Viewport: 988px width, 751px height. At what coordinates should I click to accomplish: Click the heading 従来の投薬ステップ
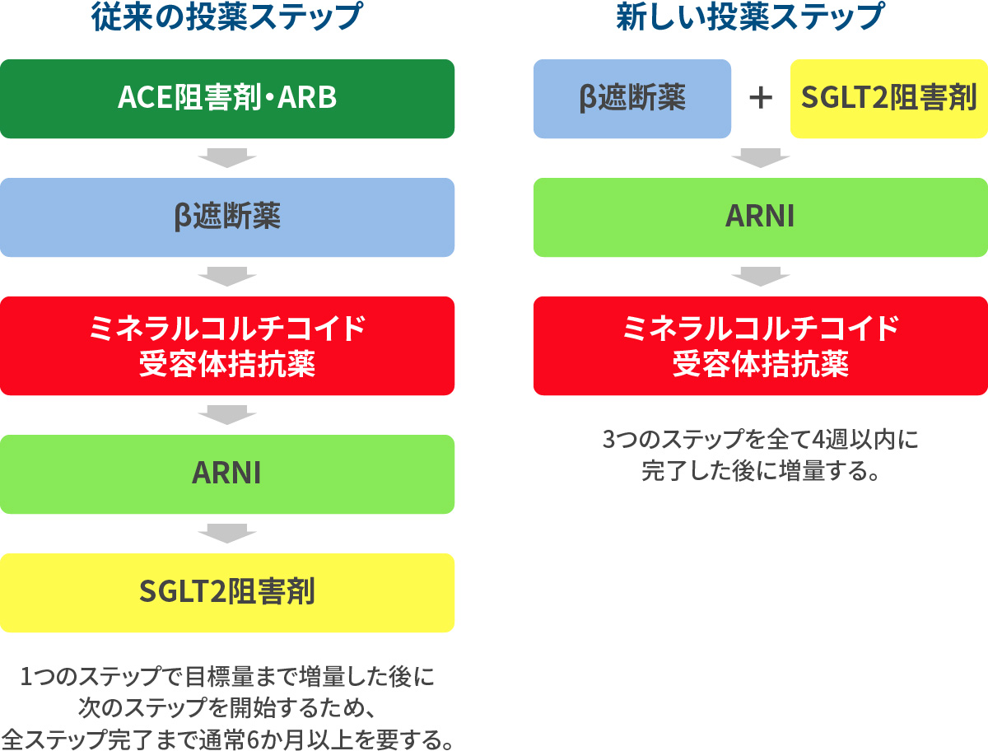click(227, 18)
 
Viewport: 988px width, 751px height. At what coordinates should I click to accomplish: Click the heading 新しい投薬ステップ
click(762, 18)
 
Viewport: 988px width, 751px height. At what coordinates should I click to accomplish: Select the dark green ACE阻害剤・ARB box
click(227, 99)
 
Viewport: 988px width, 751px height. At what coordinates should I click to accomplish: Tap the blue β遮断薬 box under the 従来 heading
click(227, 217)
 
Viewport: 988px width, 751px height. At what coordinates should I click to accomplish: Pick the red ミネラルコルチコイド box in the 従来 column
click(227, 346)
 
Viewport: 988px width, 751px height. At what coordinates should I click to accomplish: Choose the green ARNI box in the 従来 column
click(227, 474)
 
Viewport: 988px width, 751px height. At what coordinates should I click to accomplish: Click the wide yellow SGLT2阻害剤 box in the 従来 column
click(227, 593)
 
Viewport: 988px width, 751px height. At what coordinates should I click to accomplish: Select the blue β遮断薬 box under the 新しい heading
click(632, 99)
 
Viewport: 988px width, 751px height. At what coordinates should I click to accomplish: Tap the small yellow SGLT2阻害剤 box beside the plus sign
click(889, 99)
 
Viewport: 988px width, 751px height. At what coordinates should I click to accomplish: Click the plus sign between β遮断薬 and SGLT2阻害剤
click(762, 99)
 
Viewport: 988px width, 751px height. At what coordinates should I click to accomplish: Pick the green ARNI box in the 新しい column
click(762, 217)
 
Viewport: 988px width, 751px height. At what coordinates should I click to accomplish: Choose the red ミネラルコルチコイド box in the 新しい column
click(762, 346)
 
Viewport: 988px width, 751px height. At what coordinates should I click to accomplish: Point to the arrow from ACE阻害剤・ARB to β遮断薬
click(227, 158)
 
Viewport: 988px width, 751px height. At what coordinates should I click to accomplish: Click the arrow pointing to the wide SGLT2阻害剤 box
click(227, 534)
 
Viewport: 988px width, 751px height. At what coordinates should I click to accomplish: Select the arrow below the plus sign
click(762, 158)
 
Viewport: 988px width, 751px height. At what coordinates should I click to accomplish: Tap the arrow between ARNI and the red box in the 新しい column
click(762, 277)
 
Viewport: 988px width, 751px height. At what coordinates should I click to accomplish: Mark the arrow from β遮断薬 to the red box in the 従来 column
click(227, 277)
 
